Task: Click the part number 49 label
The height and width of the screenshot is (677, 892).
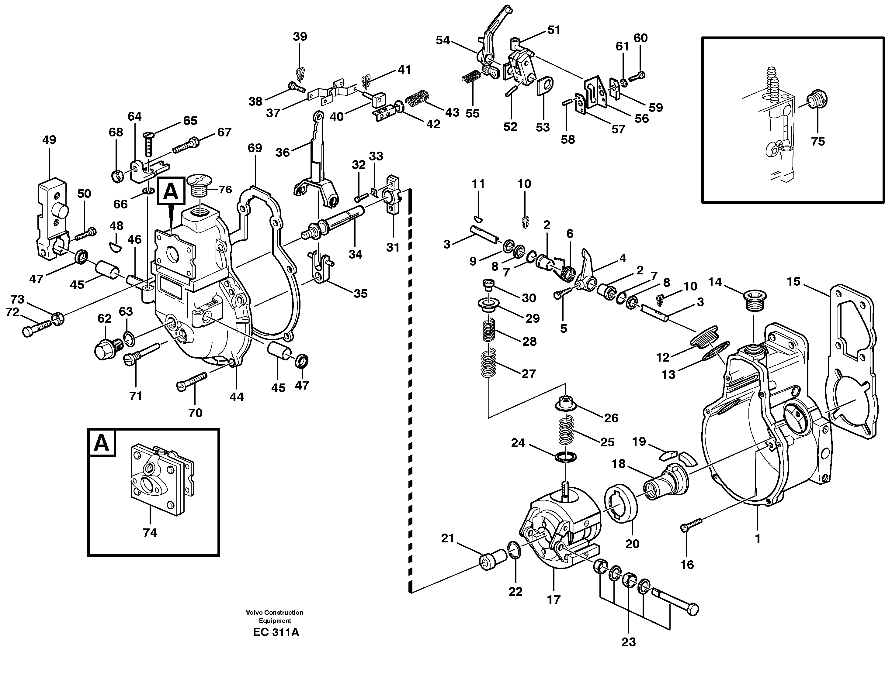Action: (49, 140)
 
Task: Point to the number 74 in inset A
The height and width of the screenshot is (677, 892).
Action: (150, 533)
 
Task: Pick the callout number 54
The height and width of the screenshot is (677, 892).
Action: (443, 40)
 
